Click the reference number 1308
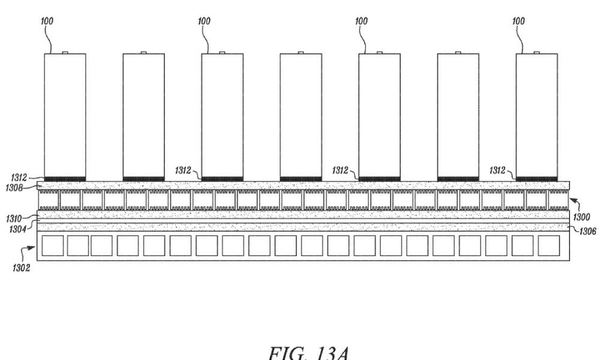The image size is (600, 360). click(14, 188)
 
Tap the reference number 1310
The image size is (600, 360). click(14, 218)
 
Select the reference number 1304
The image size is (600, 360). click(17, 229)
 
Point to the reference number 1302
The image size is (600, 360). click(21, 268)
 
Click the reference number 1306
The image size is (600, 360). click(587, 231)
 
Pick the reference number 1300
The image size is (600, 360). click(581, 217)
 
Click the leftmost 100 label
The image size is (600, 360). click(47, 20)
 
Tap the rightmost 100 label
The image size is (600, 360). click(518, 20)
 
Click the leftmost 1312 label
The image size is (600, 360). click(19, 178)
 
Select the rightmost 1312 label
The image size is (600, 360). click(497, 170)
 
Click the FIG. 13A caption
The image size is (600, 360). click(308, 353)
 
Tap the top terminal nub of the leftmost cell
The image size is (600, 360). click(65, 52)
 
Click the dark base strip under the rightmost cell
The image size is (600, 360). click(536, 179)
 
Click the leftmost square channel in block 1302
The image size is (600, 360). click(52, 245)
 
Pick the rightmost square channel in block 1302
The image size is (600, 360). click(549, 245)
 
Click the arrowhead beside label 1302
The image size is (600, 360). click(32, 248)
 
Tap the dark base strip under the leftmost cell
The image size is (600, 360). click(65, 179)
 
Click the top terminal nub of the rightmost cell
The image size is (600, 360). click(536, 52)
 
